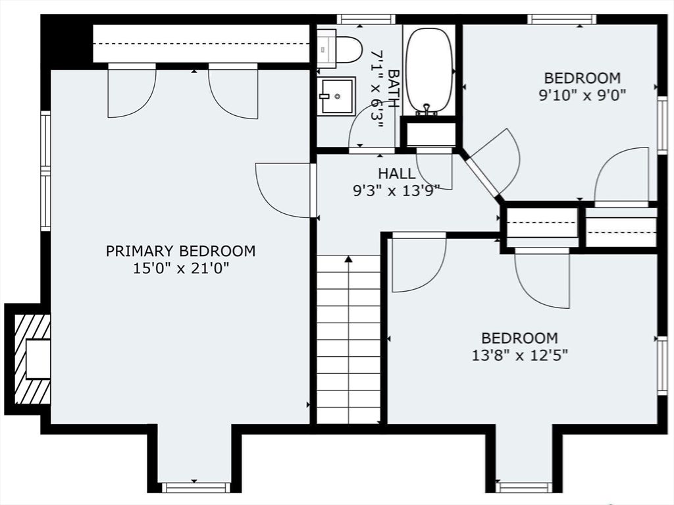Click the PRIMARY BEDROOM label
180,251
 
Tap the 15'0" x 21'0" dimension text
180,269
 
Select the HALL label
397,173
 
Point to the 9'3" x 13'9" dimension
396,190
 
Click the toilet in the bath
340,49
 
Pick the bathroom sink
336,96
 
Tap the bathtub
429,70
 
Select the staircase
349,339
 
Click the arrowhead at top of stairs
349,259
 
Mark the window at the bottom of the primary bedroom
195,487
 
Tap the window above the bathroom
366,19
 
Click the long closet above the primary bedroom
201,44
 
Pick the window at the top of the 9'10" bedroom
562,19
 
